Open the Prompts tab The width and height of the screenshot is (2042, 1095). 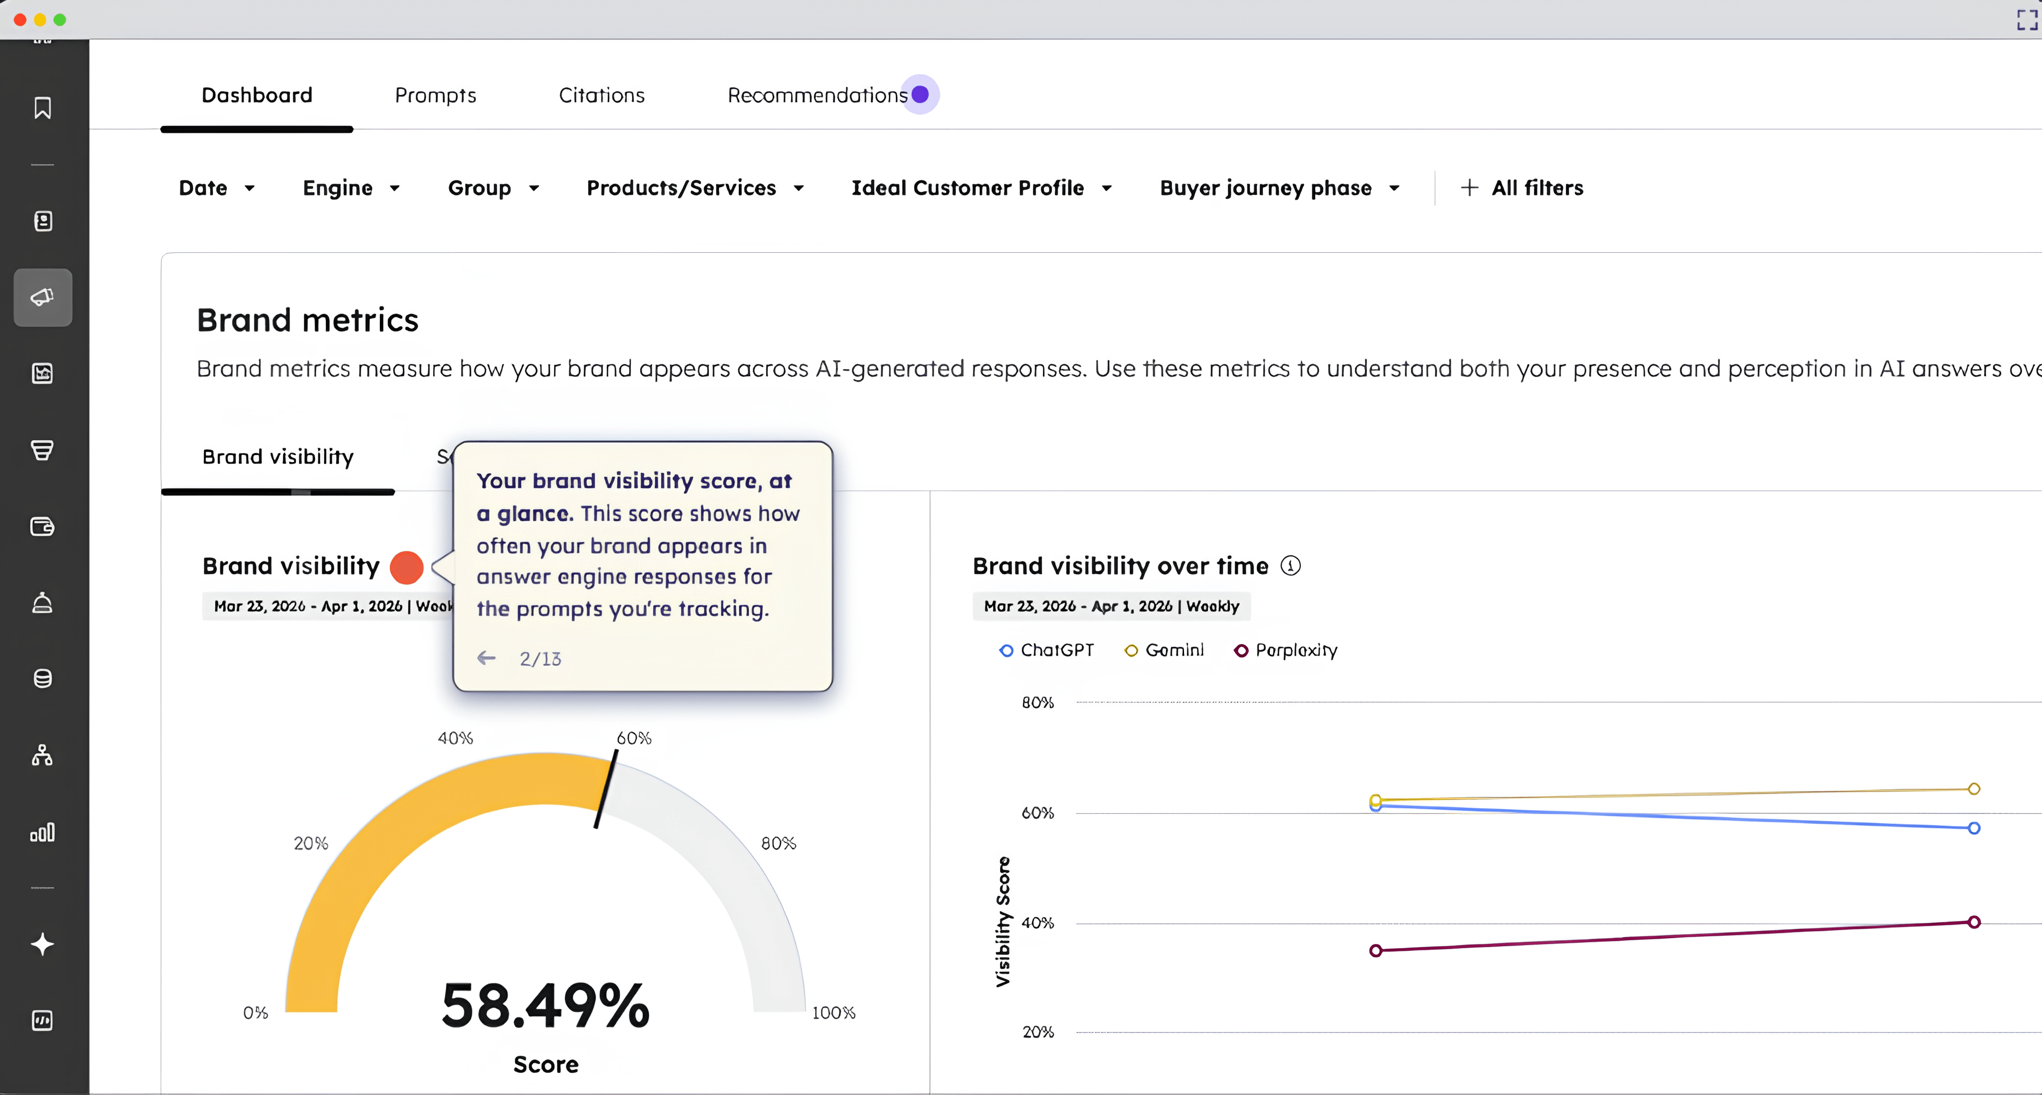[435, 95]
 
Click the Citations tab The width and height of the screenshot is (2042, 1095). [602, 95]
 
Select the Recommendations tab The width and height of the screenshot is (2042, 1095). [817, 95]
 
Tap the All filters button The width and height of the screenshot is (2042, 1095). [1522, 188]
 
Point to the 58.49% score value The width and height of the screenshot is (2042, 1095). [545, 1005]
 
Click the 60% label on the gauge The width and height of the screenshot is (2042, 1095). [634, 738]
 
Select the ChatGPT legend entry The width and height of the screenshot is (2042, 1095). [1046, 650]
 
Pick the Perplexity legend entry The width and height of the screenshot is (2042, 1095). [1286, 650]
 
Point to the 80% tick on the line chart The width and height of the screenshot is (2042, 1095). [1038, 702]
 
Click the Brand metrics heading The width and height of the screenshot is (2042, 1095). [307, 320]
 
